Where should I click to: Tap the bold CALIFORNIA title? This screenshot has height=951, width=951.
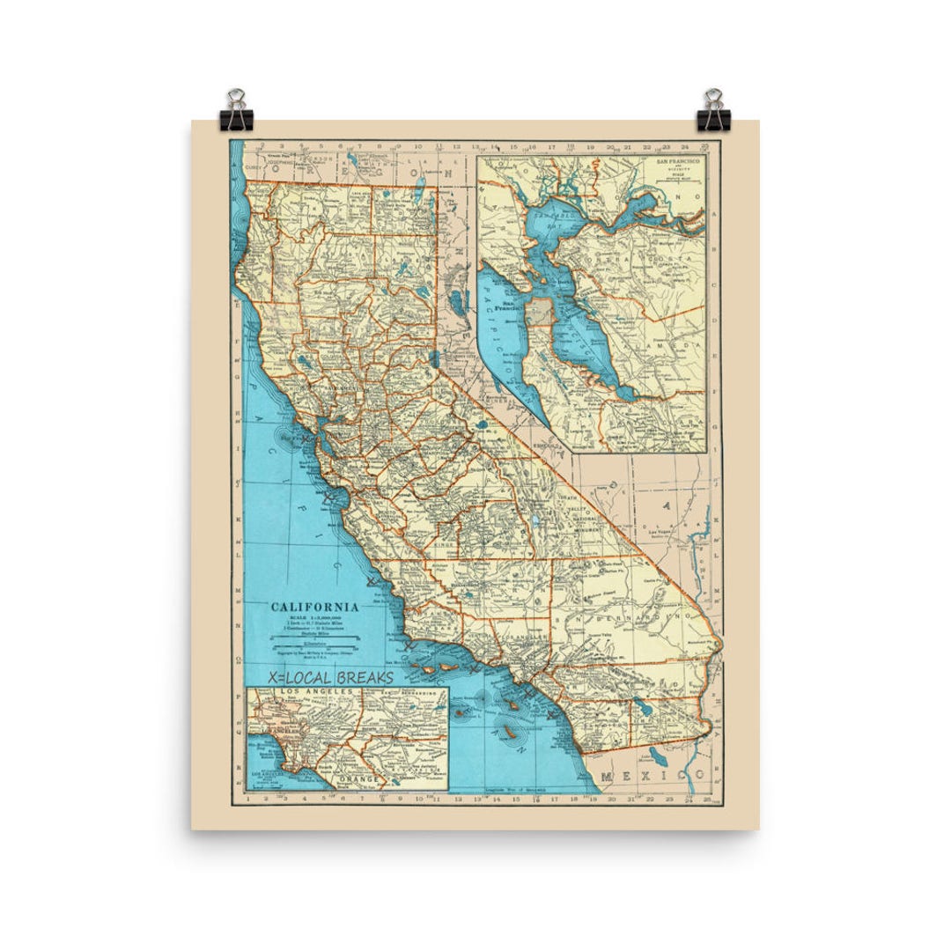[314, 607]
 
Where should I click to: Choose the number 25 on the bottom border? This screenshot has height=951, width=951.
[707, 800]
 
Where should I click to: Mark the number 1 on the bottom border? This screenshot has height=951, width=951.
[251, 800]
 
